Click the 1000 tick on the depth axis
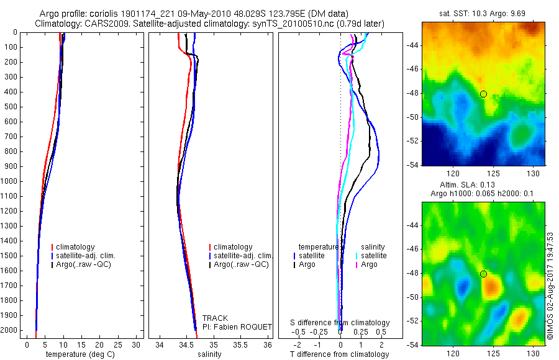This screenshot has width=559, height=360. point(10,181)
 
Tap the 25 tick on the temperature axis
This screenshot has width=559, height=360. point(118,344)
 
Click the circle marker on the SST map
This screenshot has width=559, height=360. point(483,94)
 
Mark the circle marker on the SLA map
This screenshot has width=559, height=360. point(483,274)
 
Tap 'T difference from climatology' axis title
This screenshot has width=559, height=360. point(340,354)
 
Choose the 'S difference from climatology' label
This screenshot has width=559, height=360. point(340,323)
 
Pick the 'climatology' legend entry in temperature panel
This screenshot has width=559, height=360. point(75,247)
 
